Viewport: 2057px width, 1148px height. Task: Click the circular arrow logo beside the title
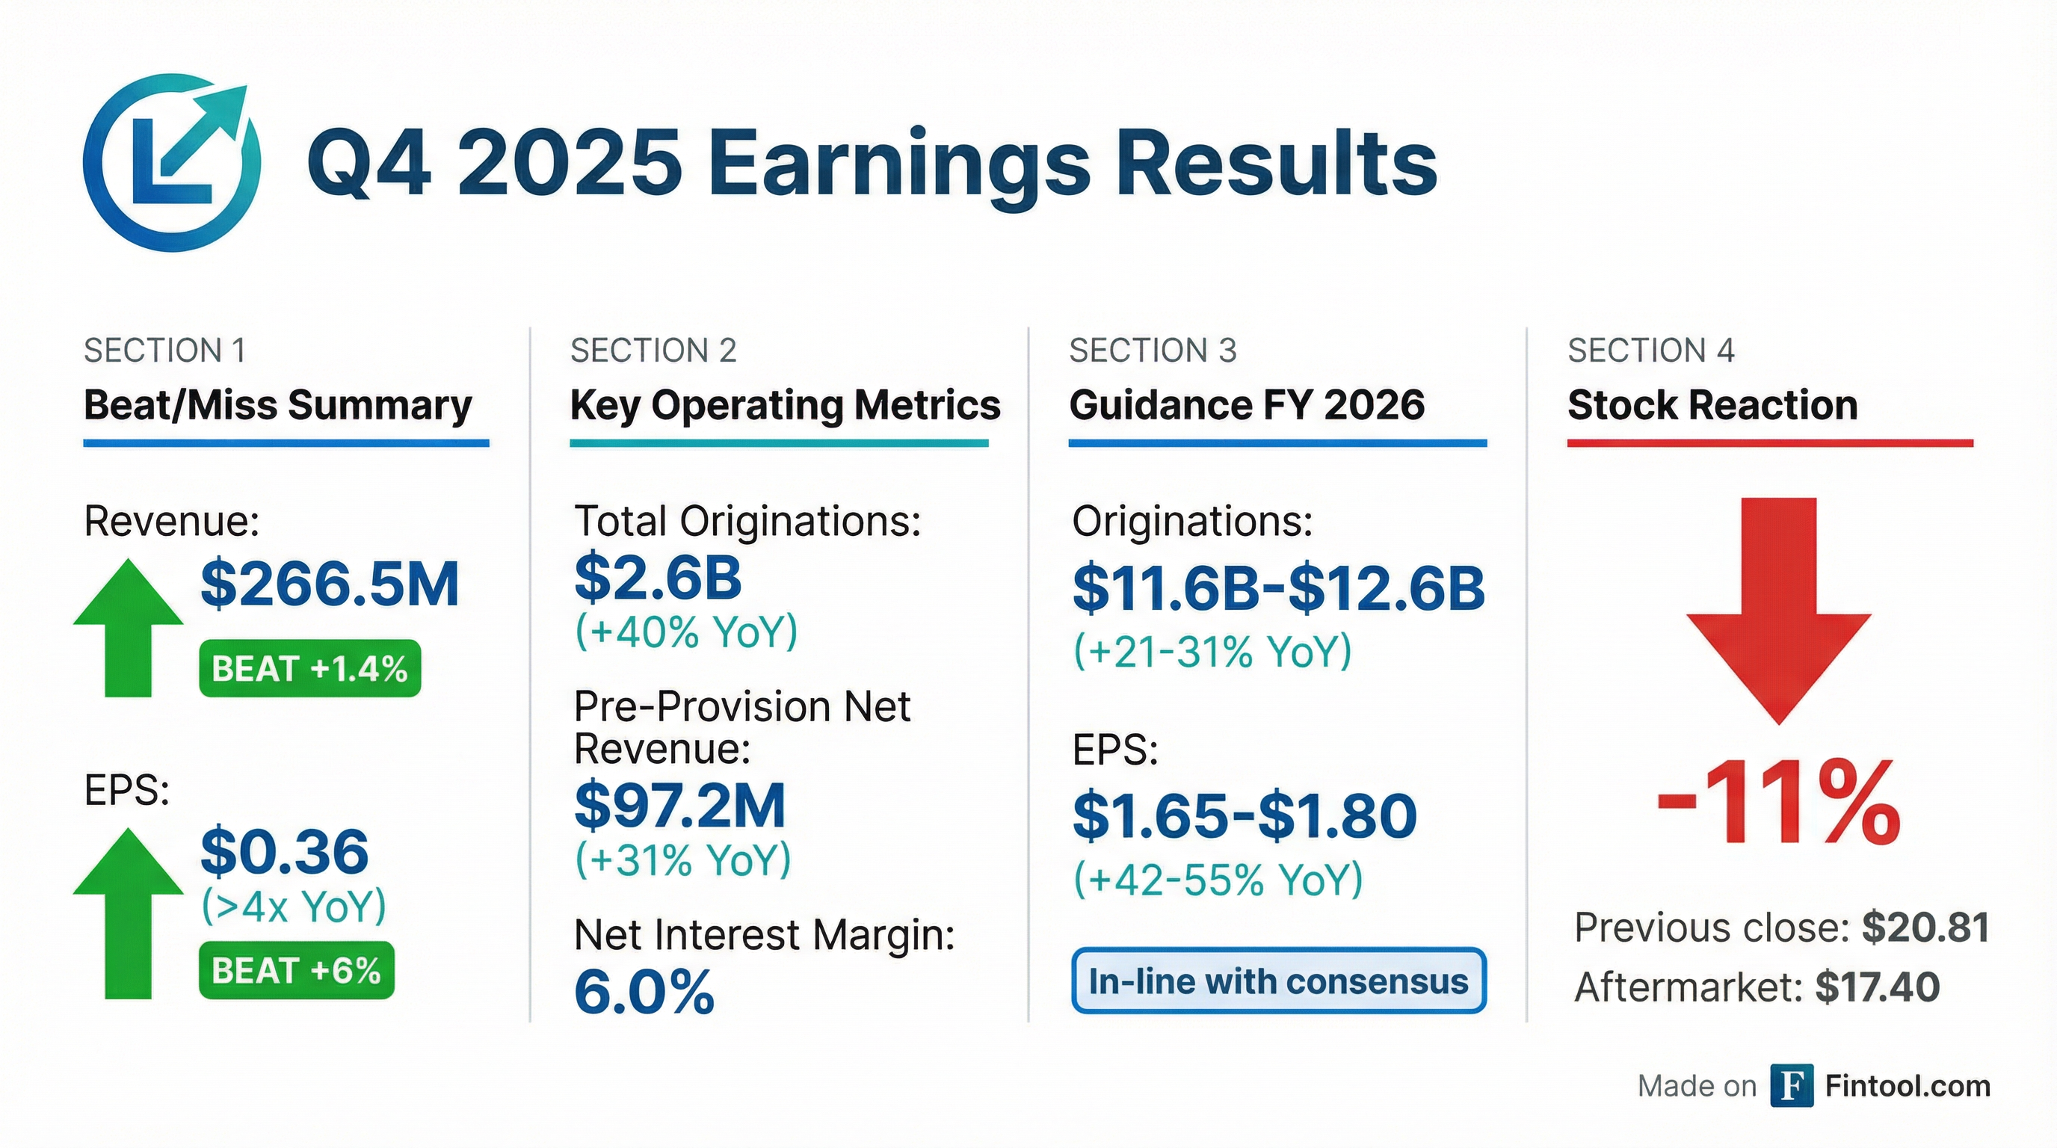point(172,163)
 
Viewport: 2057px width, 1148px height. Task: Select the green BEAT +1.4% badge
point(310,668)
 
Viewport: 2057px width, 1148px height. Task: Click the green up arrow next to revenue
point(128,628)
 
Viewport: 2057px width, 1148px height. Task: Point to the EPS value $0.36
point(285,851)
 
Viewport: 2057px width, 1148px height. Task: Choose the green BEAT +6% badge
point(296,970)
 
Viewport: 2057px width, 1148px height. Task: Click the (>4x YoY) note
point(294,906)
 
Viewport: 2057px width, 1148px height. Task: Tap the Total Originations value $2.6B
point(658,577)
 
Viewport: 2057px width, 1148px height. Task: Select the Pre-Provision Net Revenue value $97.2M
point(680,805)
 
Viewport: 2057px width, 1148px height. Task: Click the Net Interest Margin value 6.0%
point(644,992)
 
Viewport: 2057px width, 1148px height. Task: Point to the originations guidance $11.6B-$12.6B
point(1278,588)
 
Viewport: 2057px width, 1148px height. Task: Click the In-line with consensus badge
point(1278,981)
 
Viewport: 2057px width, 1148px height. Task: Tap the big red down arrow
point(1778,611)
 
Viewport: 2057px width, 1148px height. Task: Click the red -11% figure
point(1778,802)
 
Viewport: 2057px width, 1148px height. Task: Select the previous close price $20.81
point(1925,928)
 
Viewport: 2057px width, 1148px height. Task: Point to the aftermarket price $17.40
point(1878,987)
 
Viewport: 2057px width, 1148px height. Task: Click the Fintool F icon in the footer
point(1791,1086)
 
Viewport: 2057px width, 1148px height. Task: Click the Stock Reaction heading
point(1713,405)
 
